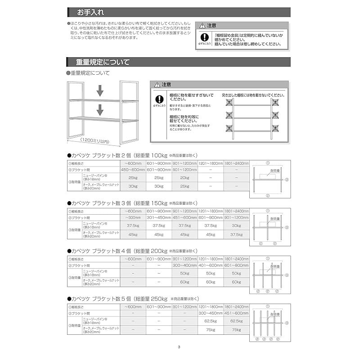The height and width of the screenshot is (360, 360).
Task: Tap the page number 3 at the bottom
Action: point(179,347)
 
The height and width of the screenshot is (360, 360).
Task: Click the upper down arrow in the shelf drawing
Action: point(100,91)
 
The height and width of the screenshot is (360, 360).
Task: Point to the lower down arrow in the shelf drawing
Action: point(100,108)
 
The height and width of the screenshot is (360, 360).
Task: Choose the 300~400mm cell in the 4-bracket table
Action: point(184,266)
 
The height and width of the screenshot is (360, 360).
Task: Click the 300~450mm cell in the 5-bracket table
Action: point(210,313)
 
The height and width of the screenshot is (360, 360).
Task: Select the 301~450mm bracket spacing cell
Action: point(159,218)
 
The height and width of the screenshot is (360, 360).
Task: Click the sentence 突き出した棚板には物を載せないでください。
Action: point(253,95)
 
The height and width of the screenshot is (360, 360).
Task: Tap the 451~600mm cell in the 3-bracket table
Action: point(184,218)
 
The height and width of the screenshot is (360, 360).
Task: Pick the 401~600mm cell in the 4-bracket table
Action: point(210,266)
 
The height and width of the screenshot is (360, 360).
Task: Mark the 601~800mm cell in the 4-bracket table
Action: point(236,266)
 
